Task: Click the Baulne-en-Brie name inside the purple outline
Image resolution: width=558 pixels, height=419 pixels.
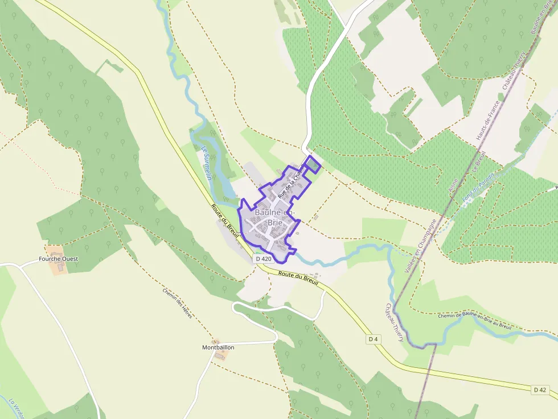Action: [275, 218]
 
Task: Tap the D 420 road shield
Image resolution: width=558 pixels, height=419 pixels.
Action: [263, 259]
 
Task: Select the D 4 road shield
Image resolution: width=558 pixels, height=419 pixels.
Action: [373, 339]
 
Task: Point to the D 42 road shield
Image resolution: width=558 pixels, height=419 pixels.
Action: [540, 389]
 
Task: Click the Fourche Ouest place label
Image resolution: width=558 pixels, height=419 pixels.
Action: [58, 259]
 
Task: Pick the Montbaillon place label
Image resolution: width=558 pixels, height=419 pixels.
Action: [218, 347]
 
